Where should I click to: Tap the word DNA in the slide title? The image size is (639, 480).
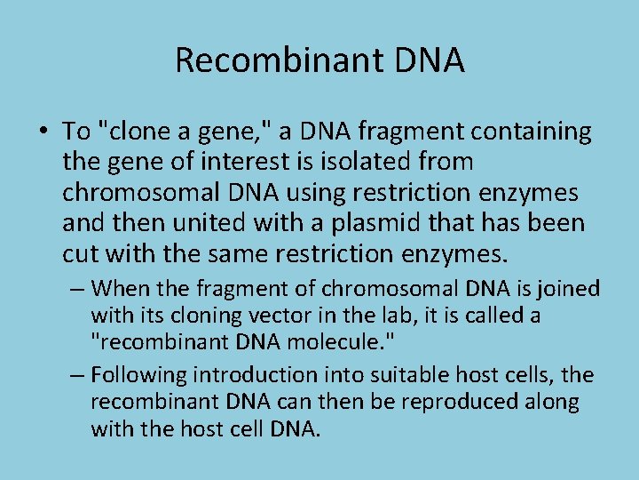(430, 60)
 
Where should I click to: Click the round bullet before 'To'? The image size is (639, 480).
(43, 132)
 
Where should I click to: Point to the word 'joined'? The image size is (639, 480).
(571, 289)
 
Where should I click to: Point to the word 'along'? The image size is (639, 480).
(554, 402)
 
